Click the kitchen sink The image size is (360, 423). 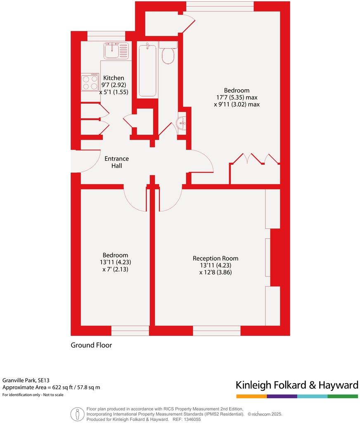(x=111, y=51)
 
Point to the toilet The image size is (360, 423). (x=168, y=55)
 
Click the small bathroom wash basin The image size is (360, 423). (x=181, y=123)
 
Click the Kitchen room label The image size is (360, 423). (x=114, y=78)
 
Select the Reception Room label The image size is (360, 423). (x=216, y=258)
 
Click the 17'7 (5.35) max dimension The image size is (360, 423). (x=237, y=97)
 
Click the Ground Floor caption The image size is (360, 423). (x=91, y=345)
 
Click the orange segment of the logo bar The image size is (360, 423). (x=251, y=396)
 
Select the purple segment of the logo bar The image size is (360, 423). (x=282, y=396)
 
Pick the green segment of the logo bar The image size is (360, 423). (x=343, y=396)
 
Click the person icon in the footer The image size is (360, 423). (x=76, y=413)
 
